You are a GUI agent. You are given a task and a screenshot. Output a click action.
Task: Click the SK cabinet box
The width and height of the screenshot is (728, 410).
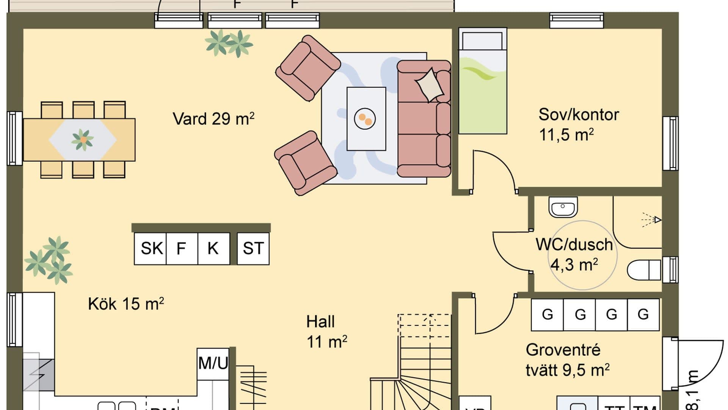(x=151, y=249)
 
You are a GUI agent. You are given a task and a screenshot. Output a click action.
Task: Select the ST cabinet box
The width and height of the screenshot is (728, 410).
(x=253, y=249)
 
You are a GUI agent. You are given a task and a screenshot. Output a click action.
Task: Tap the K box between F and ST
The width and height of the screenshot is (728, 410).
(x=213, y=249)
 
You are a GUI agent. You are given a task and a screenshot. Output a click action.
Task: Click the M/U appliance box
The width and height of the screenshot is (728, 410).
(x=213, y=363)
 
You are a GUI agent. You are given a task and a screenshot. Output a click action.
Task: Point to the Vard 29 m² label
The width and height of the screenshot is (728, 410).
(x=213, y=119)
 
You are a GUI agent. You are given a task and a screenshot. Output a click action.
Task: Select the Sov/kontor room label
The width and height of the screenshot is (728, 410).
(x=578, y=115)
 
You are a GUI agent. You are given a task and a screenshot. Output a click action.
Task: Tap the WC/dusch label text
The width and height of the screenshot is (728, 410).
(x=574, y=245)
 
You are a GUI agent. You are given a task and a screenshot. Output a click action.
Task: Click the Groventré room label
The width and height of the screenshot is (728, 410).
(x=563, y=350)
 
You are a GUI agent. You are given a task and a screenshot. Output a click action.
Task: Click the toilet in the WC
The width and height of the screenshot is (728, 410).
(x=644, y=270)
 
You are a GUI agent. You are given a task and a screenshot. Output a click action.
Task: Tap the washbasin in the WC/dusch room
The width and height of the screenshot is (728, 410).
(x=563, y=207)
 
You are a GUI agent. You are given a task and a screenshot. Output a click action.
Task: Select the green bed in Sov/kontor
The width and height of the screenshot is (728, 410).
(x=483, y=82)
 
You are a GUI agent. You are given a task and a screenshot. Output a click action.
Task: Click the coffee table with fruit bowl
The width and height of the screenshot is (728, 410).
(x=366, y=119)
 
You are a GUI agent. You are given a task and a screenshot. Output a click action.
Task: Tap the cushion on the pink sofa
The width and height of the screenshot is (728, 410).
(x=430, y=85)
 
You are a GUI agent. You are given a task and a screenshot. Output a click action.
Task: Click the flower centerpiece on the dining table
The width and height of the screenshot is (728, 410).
(x=82, y=140)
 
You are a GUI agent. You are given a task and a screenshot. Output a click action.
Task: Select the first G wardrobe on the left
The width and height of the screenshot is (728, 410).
(x=547, y=315)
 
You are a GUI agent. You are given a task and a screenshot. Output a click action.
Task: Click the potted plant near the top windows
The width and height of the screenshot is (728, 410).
(x=229, y=43)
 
